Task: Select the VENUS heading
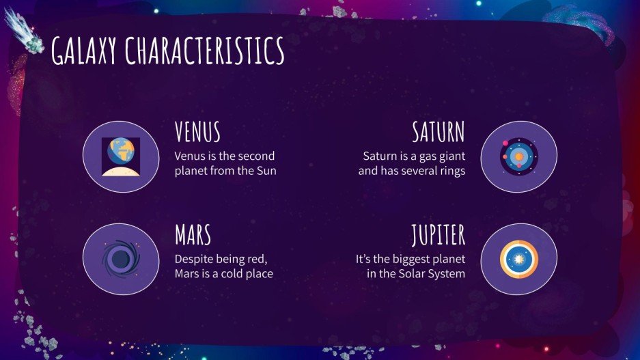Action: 197,132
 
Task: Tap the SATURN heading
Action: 439,132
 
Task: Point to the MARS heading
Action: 193,235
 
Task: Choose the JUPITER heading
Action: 438,235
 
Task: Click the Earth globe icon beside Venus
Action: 121,156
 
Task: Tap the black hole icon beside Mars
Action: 121,259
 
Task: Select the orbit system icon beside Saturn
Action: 519,156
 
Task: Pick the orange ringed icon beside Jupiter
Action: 519,259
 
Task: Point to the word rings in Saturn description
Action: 450,171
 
